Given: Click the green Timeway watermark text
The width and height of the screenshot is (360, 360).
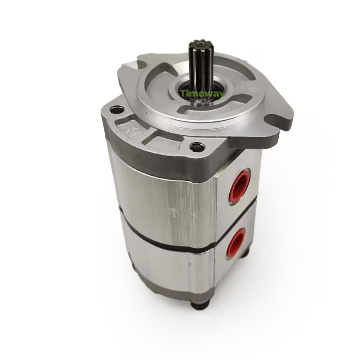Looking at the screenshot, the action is [x=202, y=94].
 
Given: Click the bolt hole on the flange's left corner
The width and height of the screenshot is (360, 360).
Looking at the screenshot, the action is [x=117, y=110].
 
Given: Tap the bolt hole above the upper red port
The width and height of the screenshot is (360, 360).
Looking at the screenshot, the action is [x=197, y=147].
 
